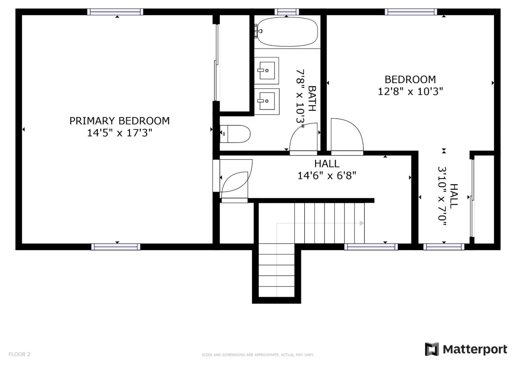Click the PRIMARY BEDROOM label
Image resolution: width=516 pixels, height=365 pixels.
tap(120, 121)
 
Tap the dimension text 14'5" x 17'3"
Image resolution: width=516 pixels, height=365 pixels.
tap(120, 133)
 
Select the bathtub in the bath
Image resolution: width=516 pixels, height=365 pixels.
tap(287, 32)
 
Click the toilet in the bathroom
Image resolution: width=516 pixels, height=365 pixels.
tap(235, 134)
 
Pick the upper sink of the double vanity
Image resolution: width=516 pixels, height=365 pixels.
tap(267, 71)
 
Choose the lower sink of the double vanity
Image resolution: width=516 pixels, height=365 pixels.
tap(267, 101)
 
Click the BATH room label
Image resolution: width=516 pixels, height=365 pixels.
tap(312, 99)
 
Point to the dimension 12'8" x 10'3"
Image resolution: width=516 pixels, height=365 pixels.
tap(411, 92)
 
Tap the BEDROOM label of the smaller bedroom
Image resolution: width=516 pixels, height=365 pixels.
tap(410, 80)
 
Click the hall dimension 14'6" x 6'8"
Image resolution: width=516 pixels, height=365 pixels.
tap(327, 176)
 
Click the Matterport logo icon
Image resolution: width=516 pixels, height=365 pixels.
tap(432, 349)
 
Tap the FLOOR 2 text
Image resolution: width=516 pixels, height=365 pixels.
tap(19, 354)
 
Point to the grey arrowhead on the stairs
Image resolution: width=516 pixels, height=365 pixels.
tap(362, 223)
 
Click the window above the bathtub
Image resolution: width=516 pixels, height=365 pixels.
tap(287, 12)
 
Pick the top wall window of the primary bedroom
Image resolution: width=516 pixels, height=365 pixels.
tap(115, 12)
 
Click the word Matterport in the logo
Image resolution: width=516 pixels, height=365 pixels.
tap(475, 350)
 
